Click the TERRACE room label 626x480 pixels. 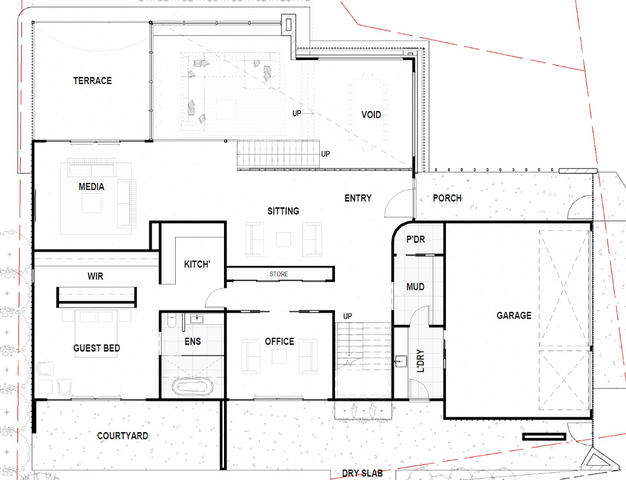93,81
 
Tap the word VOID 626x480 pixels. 371,115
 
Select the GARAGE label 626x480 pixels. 514,315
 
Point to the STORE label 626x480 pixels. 279,274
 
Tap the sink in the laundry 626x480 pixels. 401,361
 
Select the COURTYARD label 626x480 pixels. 123,436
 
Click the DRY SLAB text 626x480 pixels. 362,473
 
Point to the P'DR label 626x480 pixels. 415,239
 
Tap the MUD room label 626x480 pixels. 415,287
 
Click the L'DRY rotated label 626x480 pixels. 421,361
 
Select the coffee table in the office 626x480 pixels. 279,356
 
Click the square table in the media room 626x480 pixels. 92,203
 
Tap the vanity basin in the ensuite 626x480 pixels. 197,319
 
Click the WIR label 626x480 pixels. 95,276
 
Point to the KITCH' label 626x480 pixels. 197,264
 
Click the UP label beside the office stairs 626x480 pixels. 347,316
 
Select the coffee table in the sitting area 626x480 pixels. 283,240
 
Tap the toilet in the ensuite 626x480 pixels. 171,320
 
